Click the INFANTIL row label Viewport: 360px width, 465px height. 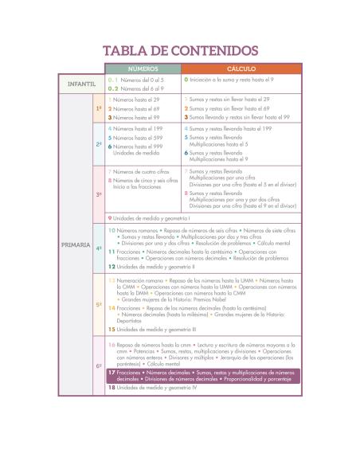point(80,84)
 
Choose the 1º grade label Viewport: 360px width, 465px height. point(99,107)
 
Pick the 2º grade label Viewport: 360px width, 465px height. point(99,144)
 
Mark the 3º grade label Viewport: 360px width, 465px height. point(99,193)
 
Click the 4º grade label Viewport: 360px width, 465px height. point(99,248)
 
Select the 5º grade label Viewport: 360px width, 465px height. point(99,304)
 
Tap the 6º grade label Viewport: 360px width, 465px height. point(99,365)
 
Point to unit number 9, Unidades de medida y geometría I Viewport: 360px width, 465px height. point(151,217)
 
